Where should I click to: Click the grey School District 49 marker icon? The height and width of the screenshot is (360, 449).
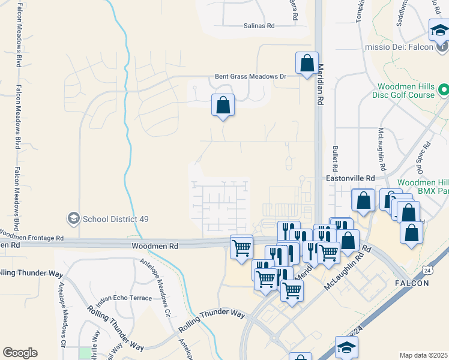74,217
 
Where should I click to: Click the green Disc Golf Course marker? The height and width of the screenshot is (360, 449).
444,91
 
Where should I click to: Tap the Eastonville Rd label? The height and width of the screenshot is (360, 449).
350,179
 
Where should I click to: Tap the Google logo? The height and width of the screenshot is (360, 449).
20,353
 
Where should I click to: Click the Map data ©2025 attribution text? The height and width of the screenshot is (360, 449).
423,355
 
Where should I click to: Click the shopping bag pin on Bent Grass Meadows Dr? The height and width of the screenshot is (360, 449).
223,106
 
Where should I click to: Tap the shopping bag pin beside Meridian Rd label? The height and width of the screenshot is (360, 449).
307,63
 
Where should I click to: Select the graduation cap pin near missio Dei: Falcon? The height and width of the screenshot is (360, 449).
439,30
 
